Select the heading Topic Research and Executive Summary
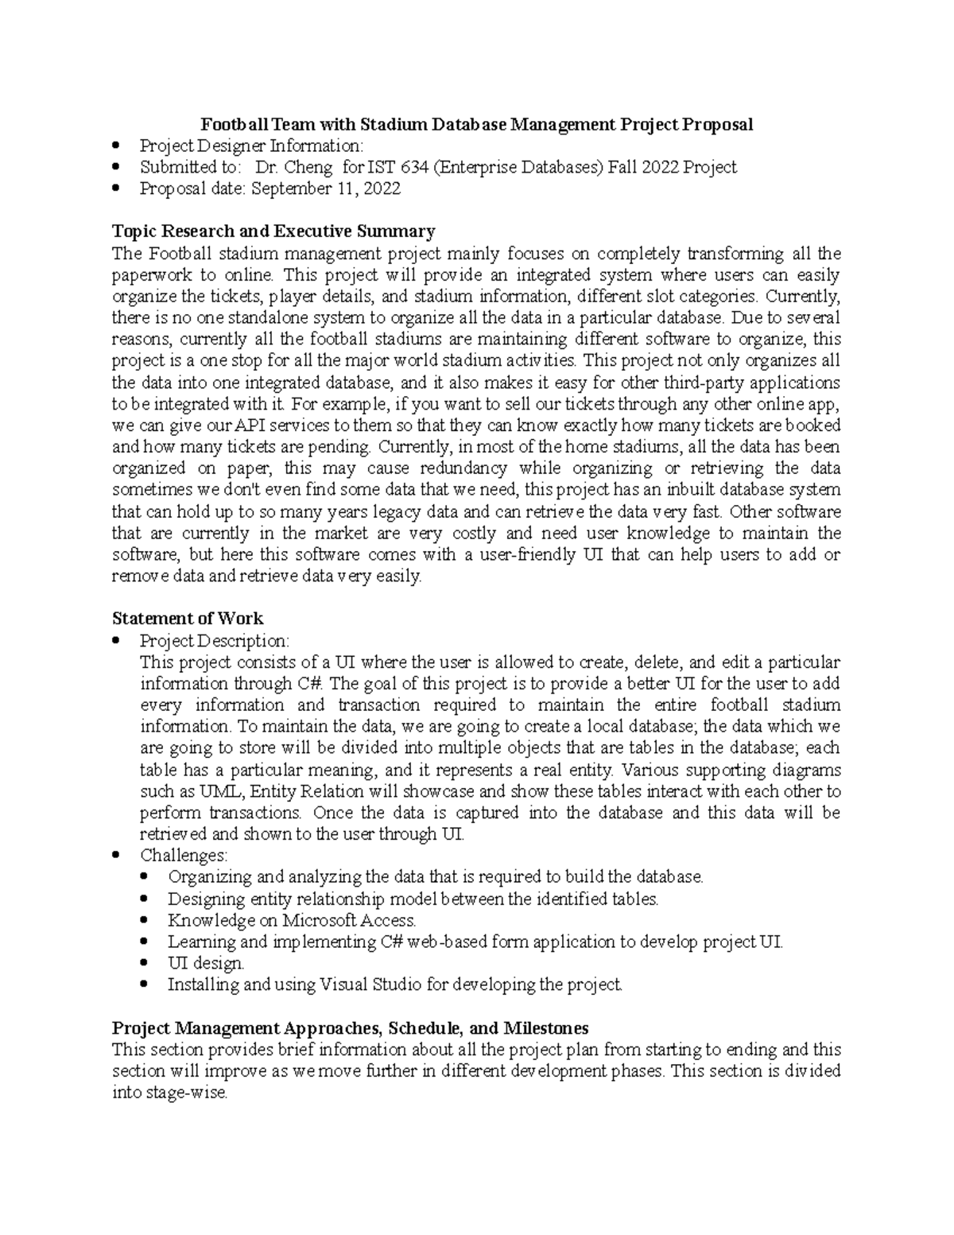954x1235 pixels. (x=273, y=231)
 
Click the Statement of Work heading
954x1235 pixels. (x=188, y=619)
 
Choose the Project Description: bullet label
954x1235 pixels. (x=215, y=641)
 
